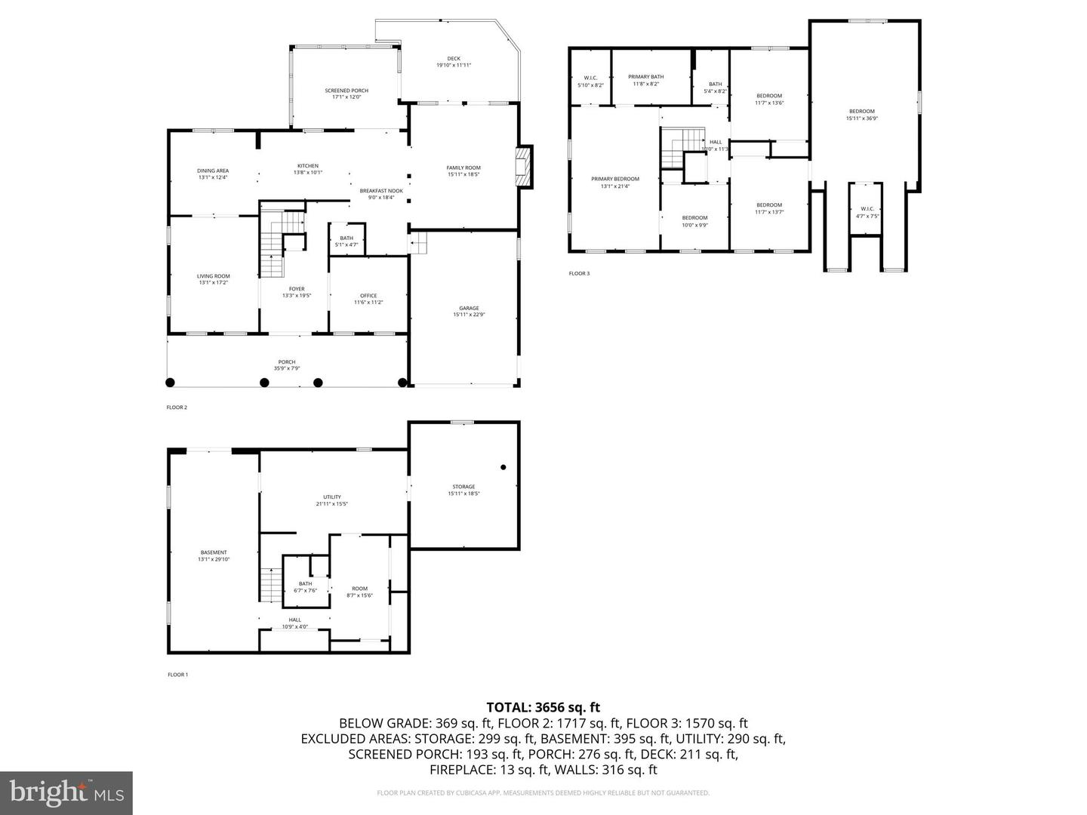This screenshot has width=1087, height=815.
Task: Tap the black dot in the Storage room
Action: pos(503,467)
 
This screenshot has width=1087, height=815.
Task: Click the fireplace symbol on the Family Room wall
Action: pos(522,166)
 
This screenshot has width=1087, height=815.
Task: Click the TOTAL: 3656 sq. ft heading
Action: pos(543,707)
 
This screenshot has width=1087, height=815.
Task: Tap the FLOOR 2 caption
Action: pos(177,407)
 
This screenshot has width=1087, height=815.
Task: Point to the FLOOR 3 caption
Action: pos(579,273)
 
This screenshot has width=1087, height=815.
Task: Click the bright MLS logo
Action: pos(66,792)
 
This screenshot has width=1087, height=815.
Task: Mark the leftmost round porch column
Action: pos(171,383)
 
